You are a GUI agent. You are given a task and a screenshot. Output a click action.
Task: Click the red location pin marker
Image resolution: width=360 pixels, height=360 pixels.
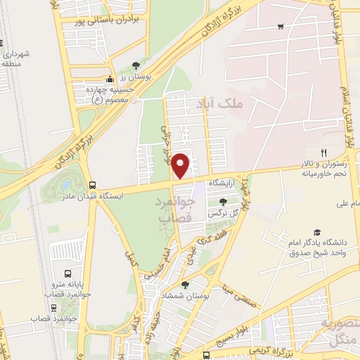181,165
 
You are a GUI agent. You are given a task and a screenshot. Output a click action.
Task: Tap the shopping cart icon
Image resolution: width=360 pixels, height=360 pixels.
281,27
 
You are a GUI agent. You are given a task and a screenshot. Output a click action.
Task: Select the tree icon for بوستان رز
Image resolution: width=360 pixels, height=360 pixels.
135,65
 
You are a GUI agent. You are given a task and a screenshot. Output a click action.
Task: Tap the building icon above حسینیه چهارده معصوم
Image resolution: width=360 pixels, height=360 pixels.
110,80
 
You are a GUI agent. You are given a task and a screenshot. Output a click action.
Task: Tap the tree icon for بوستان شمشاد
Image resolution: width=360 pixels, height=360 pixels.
185,285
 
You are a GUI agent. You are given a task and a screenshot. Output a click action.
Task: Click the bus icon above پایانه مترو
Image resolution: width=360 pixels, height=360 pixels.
68,274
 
